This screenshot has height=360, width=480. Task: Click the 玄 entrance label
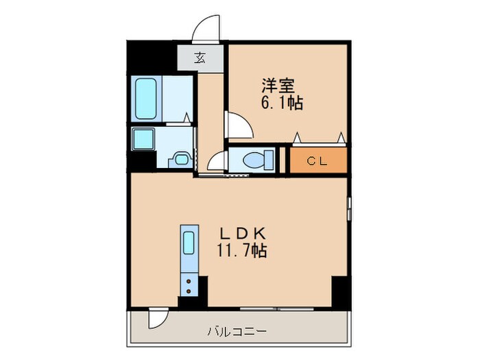(x=200, y=58)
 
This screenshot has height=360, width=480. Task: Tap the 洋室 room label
(x=278, y=86)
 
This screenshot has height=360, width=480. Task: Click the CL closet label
(x=316, y=161)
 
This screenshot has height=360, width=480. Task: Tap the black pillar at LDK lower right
(x=340, y=293)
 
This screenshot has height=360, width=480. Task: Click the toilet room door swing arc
(x=217, y=162)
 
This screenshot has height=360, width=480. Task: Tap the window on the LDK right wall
(x=349, y=208)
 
